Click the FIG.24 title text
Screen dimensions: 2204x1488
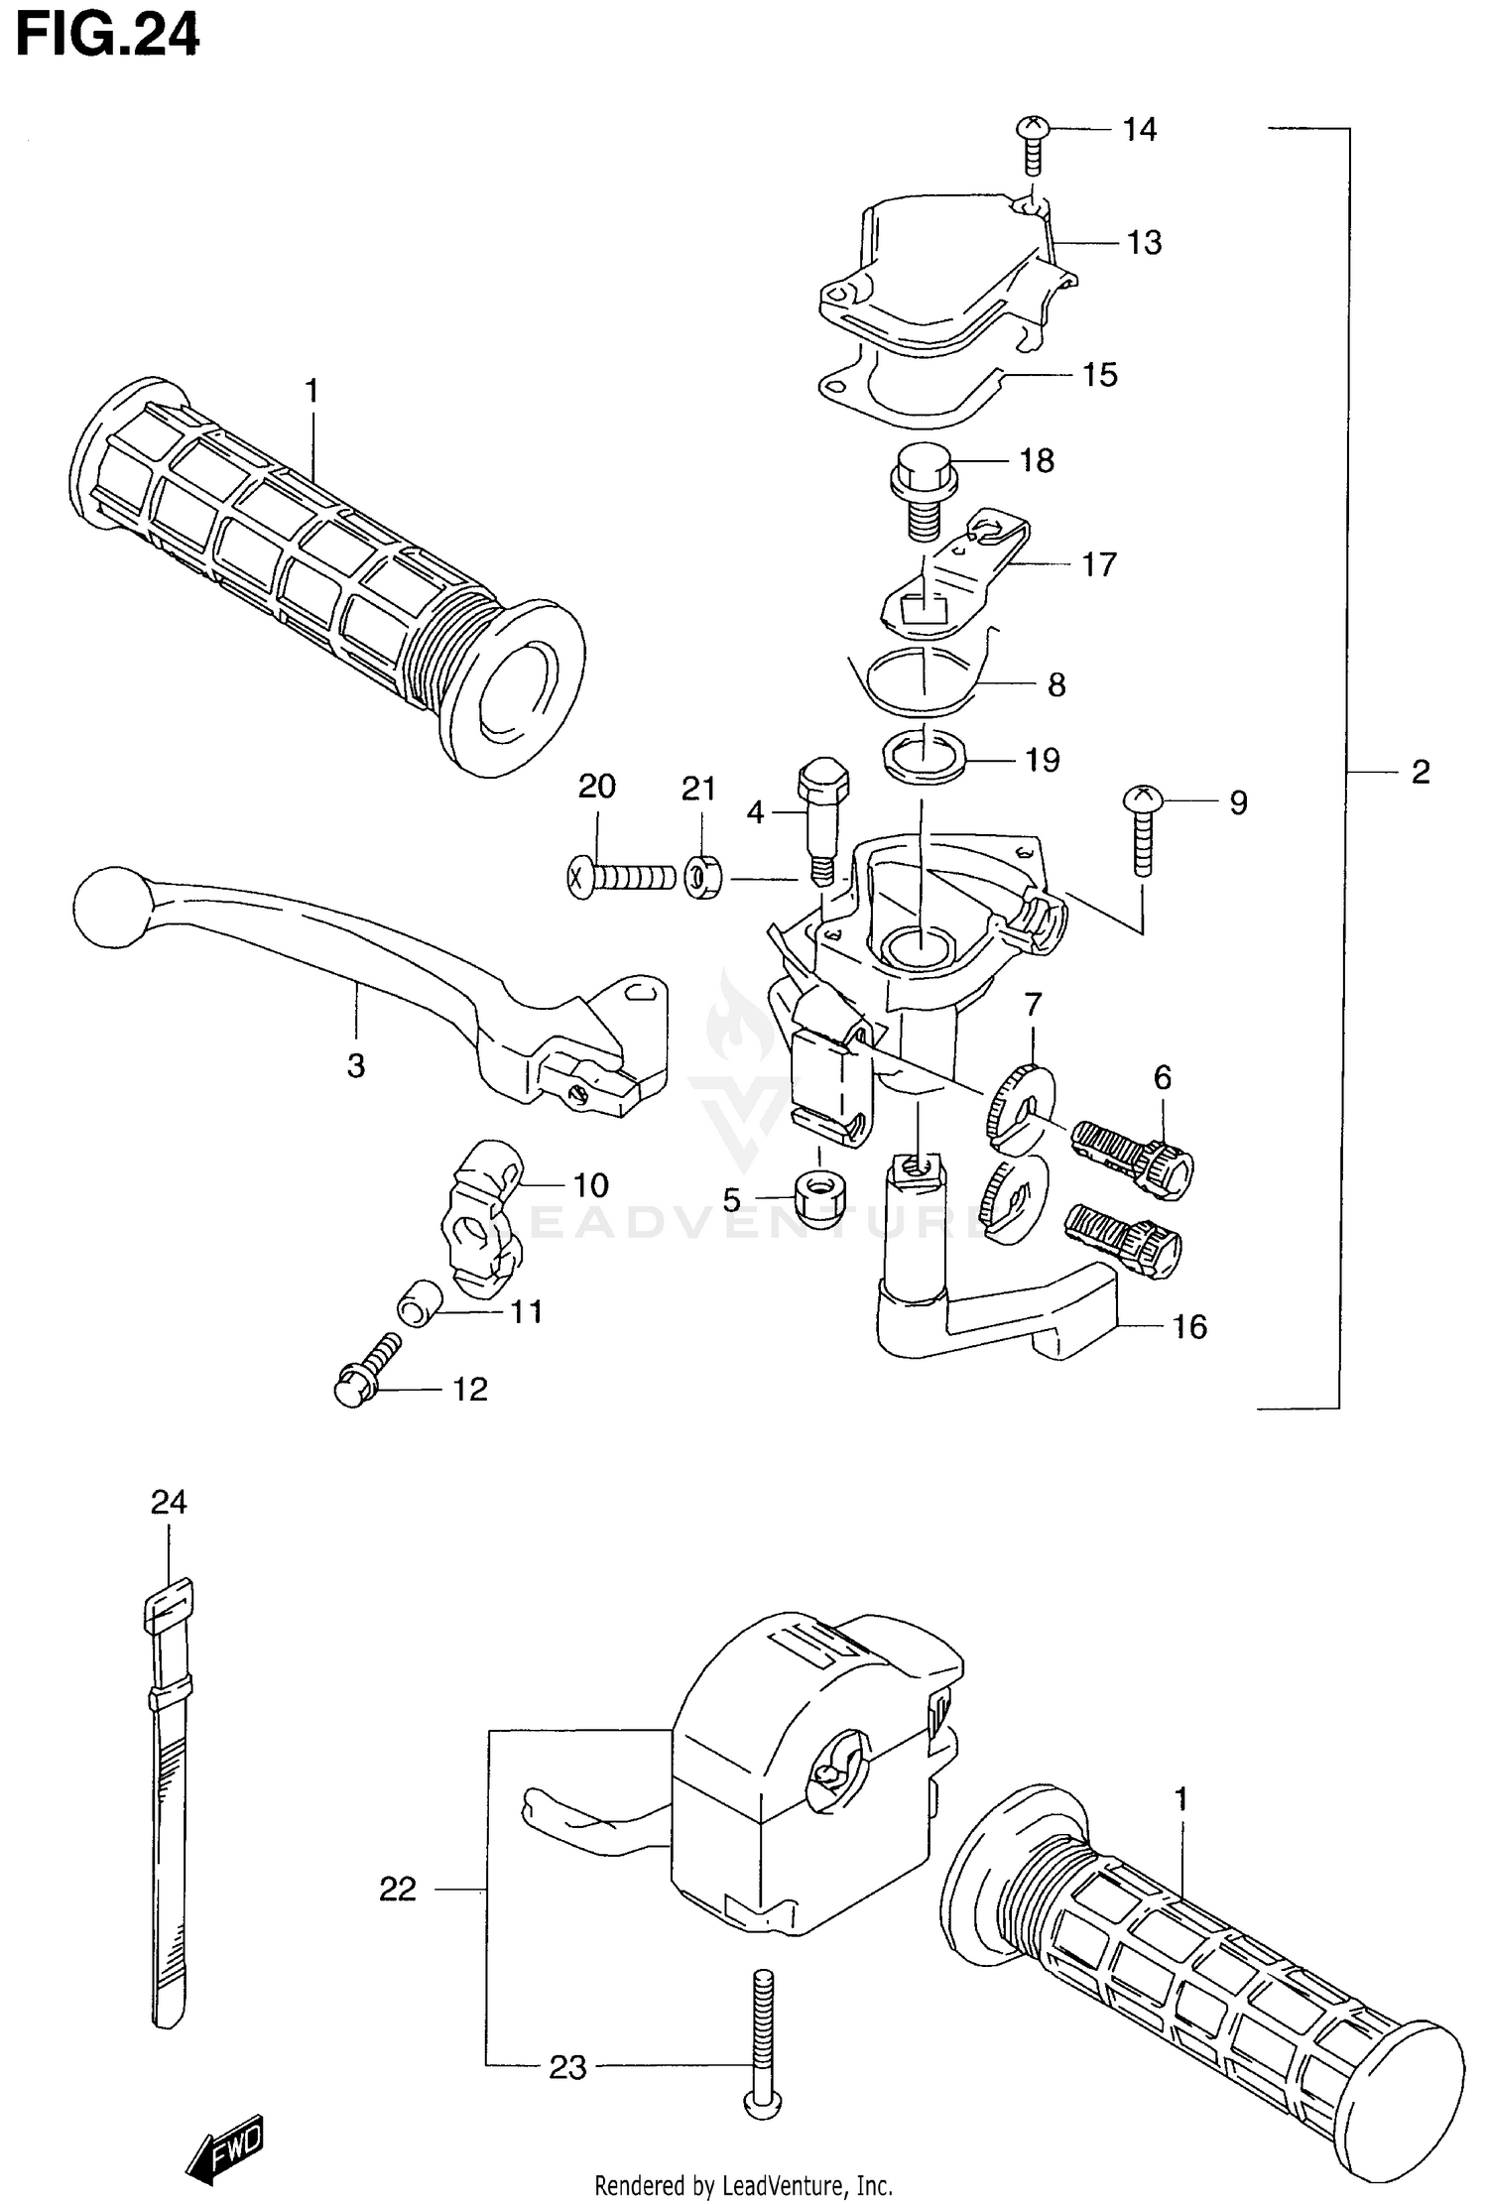[x=107, y=36]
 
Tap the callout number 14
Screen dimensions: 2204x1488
[x=1140, y=130]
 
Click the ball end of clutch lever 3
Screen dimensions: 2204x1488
[x=110, y=906]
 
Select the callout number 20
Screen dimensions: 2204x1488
[x=597, y=787]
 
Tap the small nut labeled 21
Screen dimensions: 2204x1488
[x=703, y=878]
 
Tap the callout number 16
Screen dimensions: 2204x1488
[x=1189, y=1327]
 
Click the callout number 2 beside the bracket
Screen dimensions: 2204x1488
[x=1421, y=772]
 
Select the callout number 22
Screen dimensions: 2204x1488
[x=398, y=1890]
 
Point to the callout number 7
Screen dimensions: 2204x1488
[x=1033, y=1005]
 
